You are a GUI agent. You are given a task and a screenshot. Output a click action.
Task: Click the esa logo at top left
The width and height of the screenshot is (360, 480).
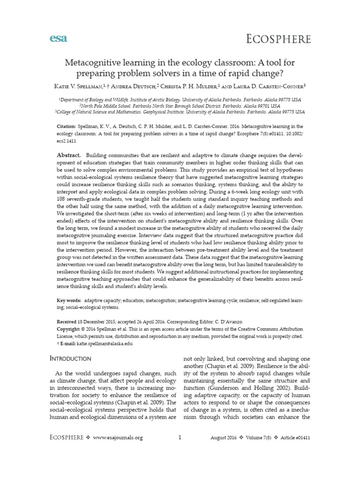[x=58, y=38]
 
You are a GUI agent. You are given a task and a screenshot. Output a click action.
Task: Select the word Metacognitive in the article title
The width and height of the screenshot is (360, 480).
[x=93, y=63]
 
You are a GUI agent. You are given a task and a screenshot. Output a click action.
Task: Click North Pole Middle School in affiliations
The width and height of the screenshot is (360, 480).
[x=118, y=106]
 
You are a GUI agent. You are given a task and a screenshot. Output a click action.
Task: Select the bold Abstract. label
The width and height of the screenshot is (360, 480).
[x=69, y=155]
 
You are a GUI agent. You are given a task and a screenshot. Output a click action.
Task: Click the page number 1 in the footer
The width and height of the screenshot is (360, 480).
[x=180, y=437]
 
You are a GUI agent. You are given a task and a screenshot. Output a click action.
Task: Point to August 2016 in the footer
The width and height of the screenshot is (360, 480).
[x=223, y=438]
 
